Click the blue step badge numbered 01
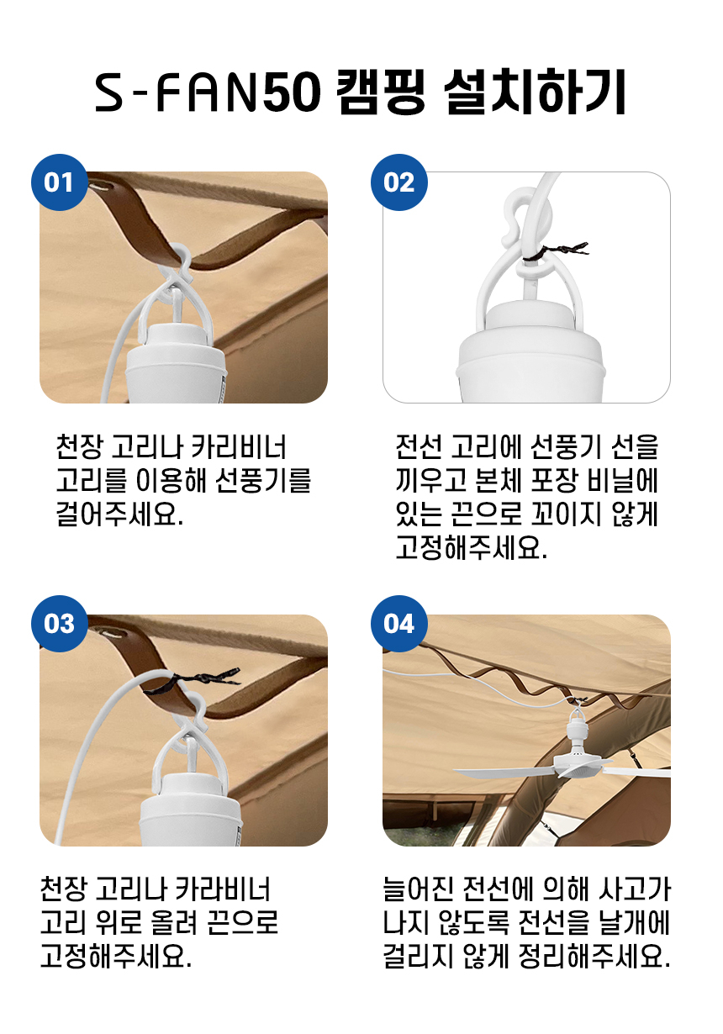tap(60, 182)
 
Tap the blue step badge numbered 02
tap(399, 182)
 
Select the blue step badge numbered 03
tap(60, 624)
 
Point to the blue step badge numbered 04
tap(399, 624)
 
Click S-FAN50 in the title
tap(208, 93)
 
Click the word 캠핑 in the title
tap(380, 92)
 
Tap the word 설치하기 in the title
tap(534, 92)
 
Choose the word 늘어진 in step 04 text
tap(418, 889)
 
